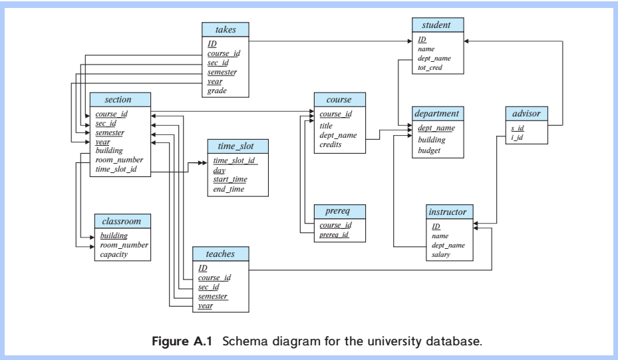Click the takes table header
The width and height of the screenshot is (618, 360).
tap(226, 31)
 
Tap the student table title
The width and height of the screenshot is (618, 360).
tap(436, 26)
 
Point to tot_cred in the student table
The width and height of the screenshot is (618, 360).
tap(431, 68)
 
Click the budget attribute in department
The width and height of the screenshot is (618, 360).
tap(430, 150)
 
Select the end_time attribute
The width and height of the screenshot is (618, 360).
tap(229, 190)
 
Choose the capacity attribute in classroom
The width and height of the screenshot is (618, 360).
tap(115, 254)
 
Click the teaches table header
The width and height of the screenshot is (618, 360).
tap(216, 254)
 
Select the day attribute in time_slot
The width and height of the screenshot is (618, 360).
tap(219, 170)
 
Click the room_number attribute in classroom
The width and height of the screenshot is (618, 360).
tap(124, 245)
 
